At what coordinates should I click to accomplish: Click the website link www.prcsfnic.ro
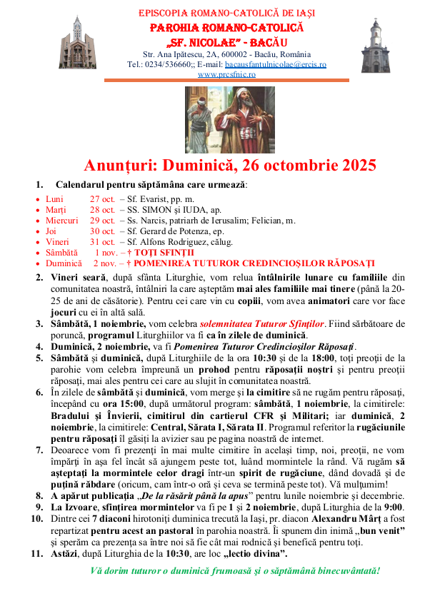(x=227, y=74)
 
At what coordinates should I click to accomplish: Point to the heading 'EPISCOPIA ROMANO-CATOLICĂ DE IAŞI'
(x=227, y=14)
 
